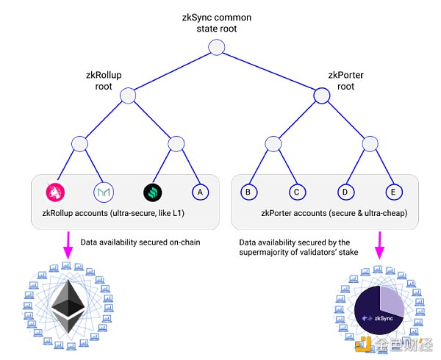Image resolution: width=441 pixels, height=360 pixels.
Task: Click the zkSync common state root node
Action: point(215,48)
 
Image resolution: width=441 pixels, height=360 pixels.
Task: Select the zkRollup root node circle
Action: point(128,96)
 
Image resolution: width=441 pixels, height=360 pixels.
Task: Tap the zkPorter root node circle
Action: point(321,96)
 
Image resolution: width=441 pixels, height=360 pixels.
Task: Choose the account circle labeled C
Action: point(295,192)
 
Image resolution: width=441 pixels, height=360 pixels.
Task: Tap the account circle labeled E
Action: point(394,192)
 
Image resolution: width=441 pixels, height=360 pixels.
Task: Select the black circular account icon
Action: point(152,192)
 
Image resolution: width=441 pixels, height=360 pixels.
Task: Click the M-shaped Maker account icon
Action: point(104,192)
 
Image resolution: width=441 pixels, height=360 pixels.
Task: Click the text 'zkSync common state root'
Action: point(215,22)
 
